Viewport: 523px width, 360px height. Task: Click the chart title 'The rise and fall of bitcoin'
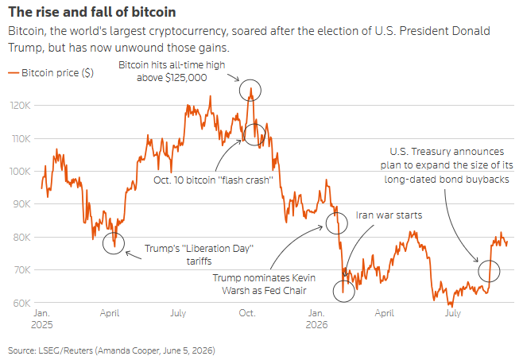(x=92, y=12)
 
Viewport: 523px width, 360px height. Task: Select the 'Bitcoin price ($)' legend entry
(x=51, y=73)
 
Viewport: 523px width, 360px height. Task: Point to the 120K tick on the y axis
(x=21, y=106)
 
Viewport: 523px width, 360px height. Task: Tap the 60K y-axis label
(x=21, y=303)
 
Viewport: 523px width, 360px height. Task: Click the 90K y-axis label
(x=21, y=204)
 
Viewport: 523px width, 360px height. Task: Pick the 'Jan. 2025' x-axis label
(x=41, y=319)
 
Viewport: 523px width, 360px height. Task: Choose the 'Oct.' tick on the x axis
(x=247, y=313)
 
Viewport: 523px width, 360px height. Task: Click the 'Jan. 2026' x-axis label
(x=316, y=319)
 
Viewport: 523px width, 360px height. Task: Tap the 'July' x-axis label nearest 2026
(x=452, y=313)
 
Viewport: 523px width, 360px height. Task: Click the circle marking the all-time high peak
(x=250, y=79)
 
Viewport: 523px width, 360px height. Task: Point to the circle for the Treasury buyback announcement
(x=489, y=260)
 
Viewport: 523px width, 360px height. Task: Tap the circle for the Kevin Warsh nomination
(x=337, y=212)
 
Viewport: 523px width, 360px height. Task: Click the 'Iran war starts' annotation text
(x=389, y=215)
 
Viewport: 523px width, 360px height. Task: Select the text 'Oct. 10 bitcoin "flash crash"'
(x=213, y=180)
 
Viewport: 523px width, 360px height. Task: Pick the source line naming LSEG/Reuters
(x=112, y=350)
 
